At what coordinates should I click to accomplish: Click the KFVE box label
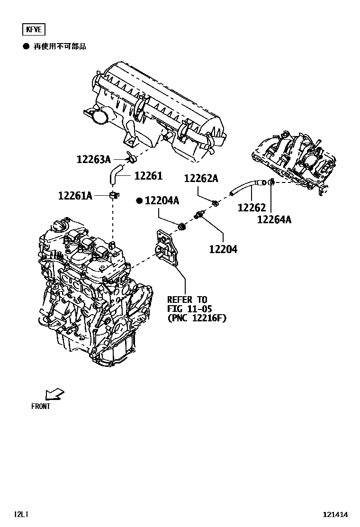click(x=34, y=30)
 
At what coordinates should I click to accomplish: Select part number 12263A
click(x=93, y=159)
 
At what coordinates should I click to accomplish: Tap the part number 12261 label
click(x=148, y=176)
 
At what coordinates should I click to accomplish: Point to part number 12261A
click(x=75, y=195)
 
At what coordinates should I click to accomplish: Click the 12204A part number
click(x=162, y=201)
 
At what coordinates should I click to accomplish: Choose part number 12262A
click(x=201, y=178)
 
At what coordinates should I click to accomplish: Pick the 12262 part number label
click(x=252, y=207)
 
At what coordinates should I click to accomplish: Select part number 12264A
click(x=274, y=219)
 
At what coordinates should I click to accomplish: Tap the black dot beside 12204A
click(x=139, y=201)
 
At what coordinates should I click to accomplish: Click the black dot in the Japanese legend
click(x=26, y=46)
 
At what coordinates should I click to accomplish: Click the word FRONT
click(x=41, y=406)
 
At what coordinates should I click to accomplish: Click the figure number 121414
click(x=336, y=514)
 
